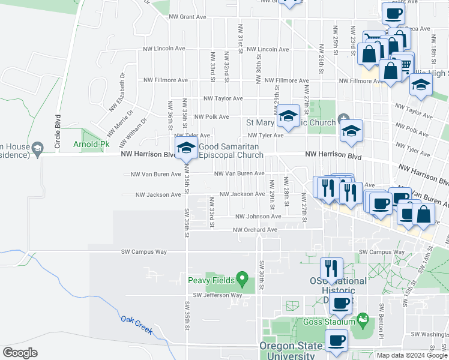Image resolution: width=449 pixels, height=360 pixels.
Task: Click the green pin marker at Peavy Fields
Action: tap(242, 278)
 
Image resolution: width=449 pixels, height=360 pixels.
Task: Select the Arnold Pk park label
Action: tap(91, 145)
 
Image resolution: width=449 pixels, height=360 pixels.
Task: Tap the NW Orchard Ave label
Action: tap(255, 230)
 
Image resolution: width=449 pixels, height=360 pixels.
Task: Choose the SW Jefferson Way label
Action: tap(217, 295)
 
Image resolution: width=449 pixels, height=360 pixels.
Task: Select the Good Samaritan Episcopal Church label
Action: tap(231, 151)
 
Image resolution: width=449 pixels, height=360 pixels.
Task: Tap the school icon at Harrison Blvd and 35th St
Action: tap(186, 148)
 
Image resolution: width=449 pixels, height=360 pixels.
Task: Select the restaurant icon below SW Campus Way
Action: tap(331, 268)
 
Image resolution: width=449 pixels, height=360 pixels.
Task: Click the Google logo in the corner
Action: tap(20, 353)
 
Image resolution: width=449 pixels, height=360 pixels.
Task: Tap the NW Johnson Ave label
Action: tap(258, 217)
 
